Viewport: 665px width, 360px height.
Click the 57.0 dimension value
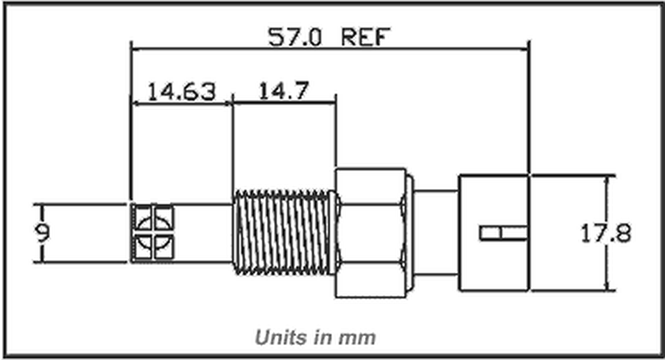click(x=295, y=36)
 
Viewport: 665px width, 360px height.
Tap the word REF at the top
click(x=364, y=36)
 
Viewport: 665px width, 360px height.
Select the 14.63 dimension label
click(x=180, y=91)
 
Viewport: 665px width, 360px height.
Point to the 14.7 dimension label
click(x=283, y=91)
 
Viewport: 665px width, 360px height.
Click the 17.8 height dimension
click(x=605, y=233)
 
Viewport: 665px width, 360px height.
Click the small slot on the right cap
click(x=503, y=233)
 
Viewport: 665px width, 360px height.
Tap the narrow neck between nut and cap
click(x=436, y=233)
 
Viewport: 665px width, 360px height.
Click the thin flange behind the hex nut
click(x=408, y=233)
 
